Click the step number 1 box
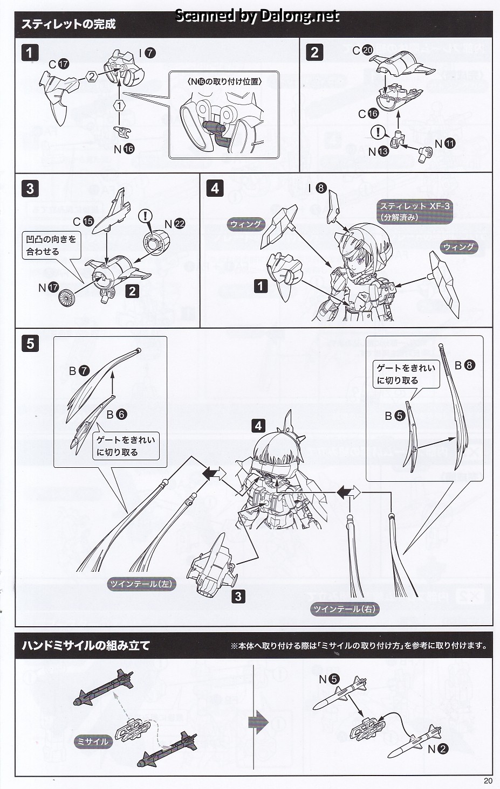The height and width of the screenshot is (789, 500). click(x=30, y=53)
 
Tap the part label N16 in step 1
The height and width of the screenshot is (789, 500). click(x=124, y=149)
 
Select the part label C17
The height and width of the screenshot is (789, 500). click(x=59, y=64)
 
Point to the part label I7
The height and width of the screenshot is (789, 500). click(x=147, y=53)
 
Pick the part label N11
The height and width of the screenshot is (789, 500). click(x=445, y=143)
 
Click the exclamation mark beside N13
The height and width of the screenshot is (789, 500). click(x=379, y=133)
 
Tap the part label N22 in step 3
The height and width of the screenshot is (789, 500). click(x=175, y=224)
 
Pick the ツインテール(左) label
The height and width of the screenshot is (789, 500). click(x=141, y=584)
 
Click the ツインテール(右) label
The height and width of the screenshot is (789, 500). click(x=345, y=609)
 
